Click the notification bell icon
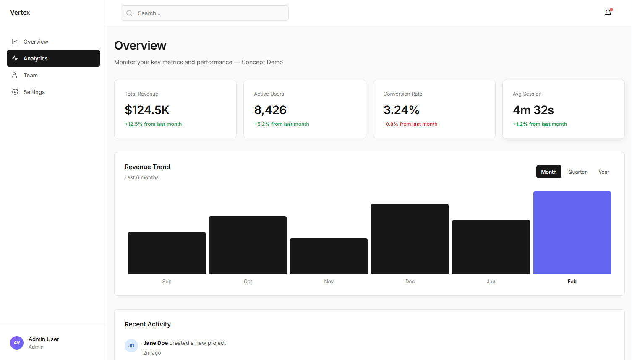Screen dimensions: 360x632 click(x=608, y=13)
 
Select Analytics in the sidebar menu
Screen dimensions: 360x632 click(x=53, y=58)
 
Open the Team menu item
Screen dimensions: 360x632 click(x=31, y=75)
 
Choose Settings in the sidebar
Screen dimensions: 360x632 click(x=34, y=92)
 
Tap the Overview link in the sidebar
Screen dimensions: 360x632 click(x=36, y=42)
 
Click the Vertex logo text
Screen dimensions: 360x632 click(x=20, y=13)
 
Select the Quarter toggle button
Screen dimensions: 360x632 click(x=577, y=172)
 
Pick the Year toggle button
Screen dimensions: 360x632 click(x=603, y=172)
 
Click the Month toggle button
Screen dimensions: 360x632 click(x=548, y=172)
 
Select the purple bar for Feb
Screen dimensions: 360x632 click(x=572, y=232)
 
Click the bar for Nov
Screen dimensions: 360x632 click(x=329, y=256)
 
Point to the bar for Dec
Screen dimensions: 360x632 click(x=410, y=239)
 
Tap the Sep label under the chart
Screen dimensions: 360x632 click(x=167, y=282)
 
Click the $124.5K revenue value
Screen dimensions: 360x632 click(x=147, y=110)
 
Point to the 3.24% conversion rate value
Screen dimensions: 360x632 click(x=401, y=110)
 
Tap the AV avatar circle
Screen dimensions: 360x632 click(x=17, y=343)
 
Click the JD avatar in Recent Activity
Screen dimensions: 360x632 click(x=131, y=346)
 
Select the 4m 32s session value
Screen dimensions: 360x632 click(x=533, y=110)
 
